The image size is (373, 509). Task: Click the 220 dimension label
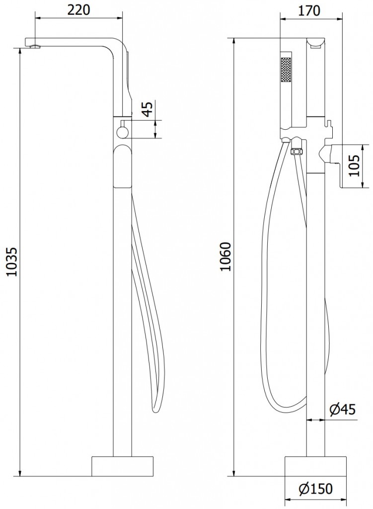click(78, 10)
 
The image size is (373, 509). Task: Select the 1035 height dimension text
click(12, 262)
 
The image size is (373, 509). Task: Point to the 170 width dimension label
click(308, 11)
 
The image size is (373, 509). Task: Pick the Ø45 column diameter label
click(343, 410)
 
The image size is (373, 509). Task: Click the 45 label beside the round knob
click(148, 109)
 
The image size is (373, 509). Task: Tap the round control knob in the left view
click(123, 132)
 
